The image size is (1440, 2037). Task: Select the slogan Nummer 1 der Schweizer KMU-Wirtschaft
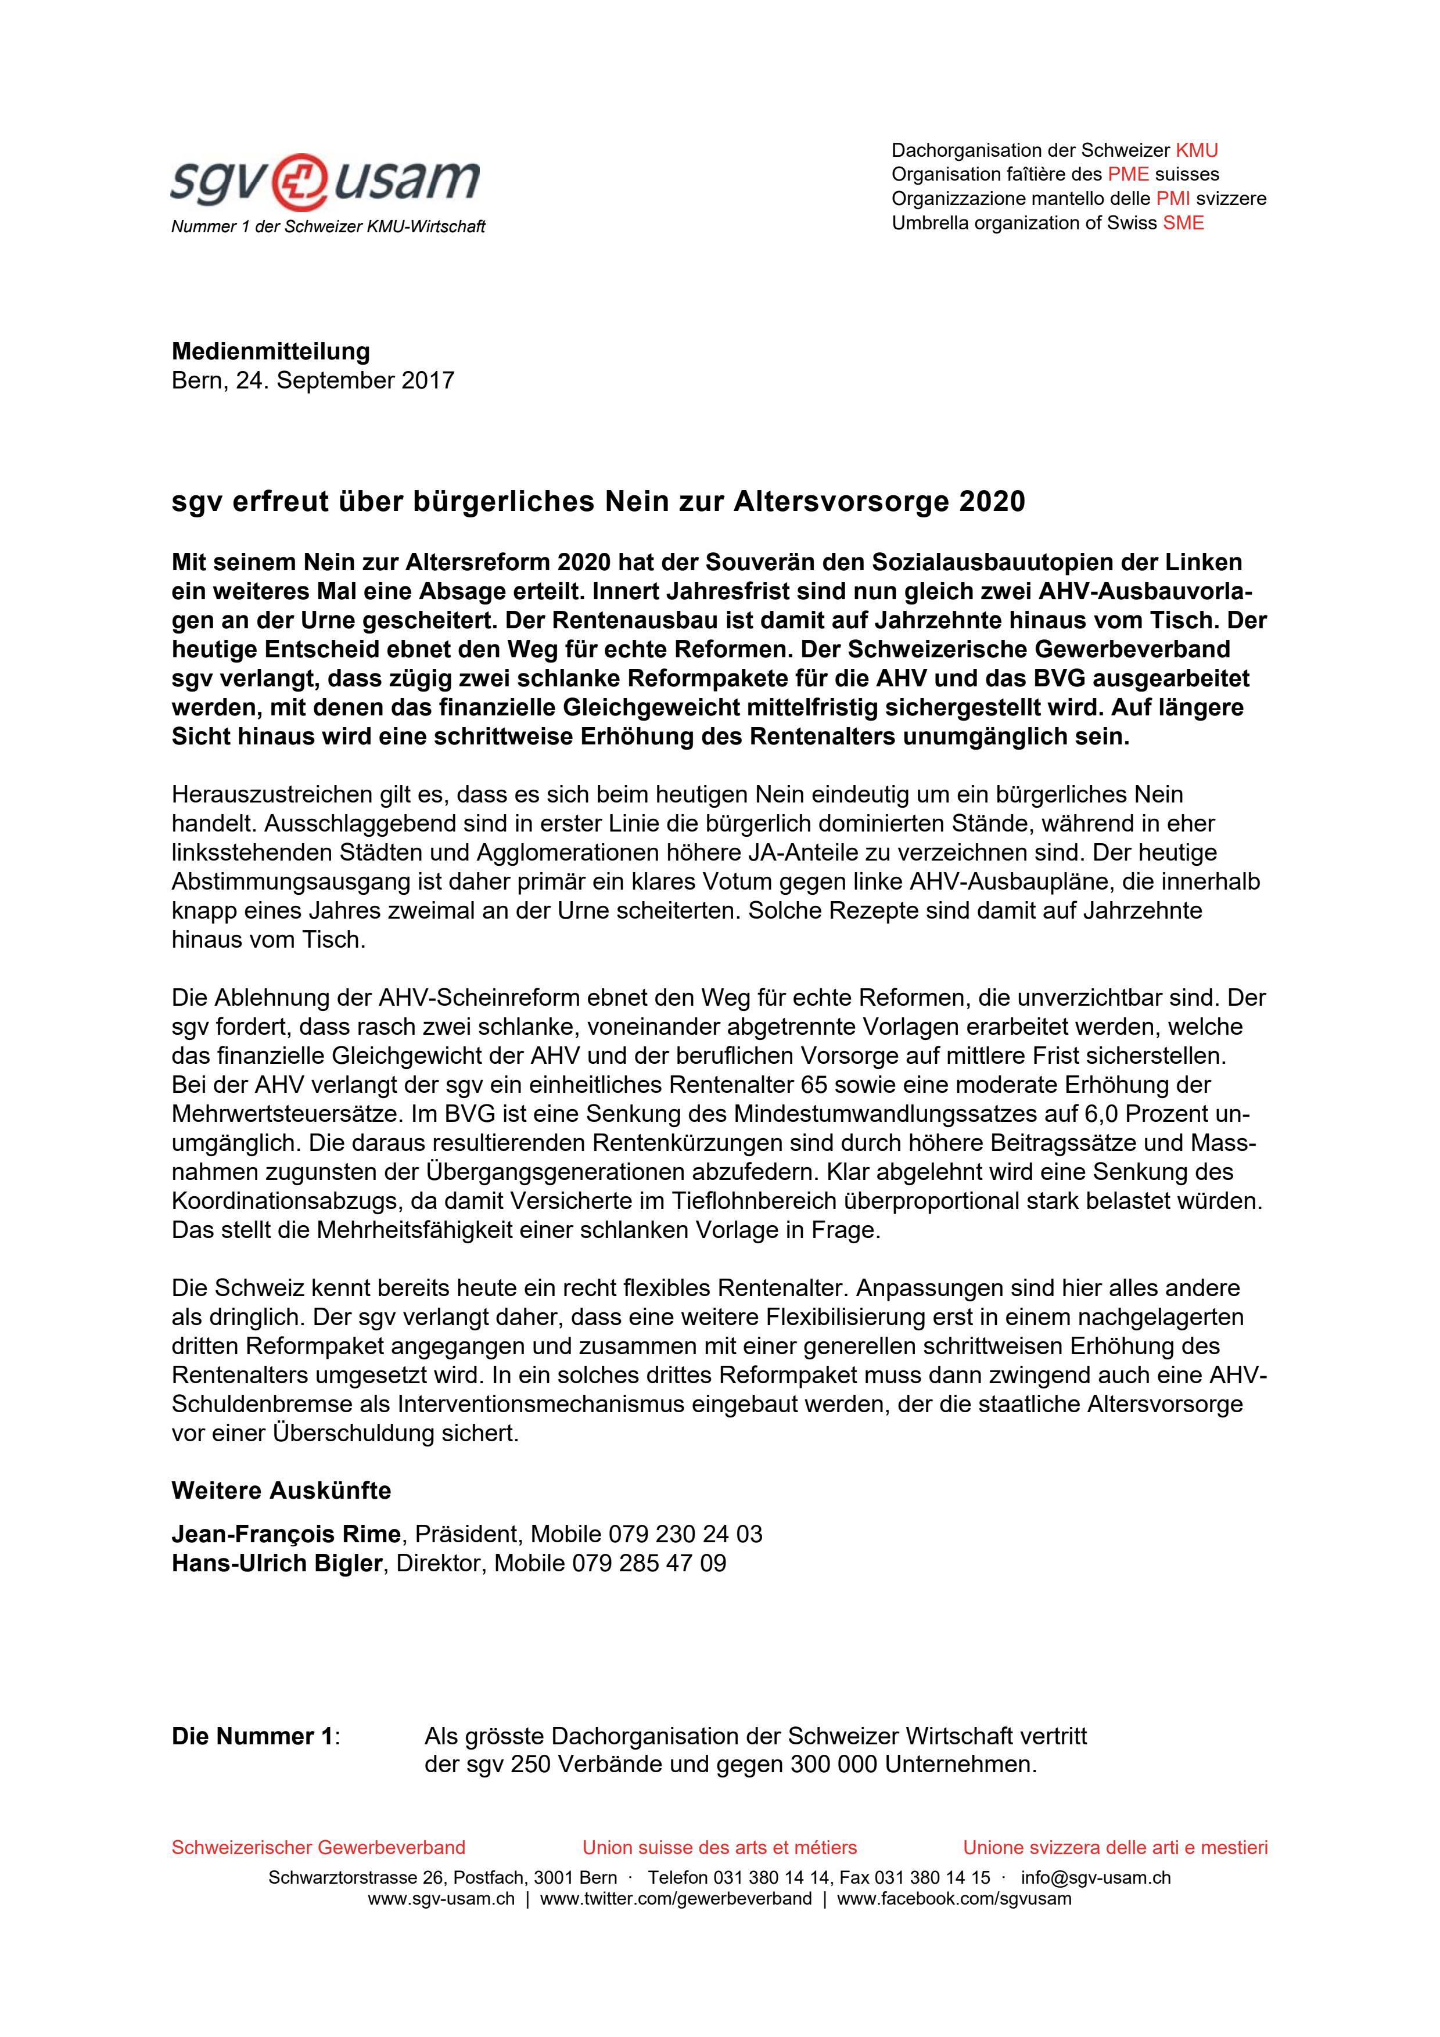[x=328, y=227]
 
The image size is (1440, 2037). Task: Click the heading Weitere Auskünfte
[x=281, y=1491]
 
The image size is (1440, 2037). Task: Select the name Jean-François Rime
[x=286, y=1534]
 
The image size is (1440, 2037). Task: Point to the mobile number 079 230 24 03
[x=685, y=1534]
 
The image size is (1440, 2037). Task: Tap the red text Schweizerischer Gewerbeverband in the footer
[x=318, y=1848]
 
